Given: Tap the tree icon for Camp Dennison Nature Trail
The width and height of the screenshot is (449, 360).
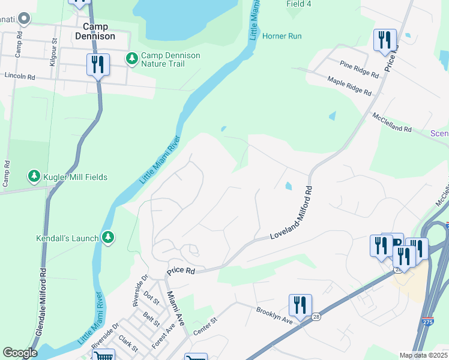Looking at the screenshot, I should coord(131,59).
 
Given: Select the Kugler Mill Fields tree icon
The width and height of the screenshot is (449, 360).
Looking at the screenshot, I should coord(34,176).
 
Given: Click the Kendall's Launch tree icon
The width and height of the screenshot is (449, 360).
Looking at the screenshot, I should coord(108,238).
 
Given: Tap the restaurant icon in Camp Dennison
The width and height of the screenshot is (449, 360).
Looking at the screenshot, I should coord(98,65).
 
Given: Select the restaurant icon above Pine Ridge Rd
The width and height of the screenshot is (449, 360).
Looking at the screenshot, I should coord(384,40).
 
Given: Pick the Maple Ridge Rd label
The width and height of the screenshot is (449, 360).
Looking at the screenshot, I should coord(349,85).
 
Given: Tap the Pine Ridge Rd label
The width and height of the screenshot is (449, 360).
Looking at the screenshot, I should coord(359,69).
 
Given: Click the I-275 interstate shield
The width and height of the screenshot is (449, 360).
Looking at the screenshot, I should coord(427,322).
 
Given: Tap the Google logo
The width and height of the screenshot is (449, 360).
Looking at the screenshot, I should coord(19,353).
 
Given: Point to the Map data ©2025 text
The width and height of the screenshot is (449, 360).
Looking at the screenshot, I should coord(423,355).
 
